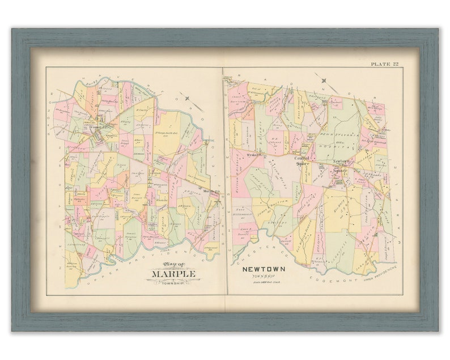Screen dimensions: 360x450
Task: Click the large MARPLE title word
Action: (x=173, y=274)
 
